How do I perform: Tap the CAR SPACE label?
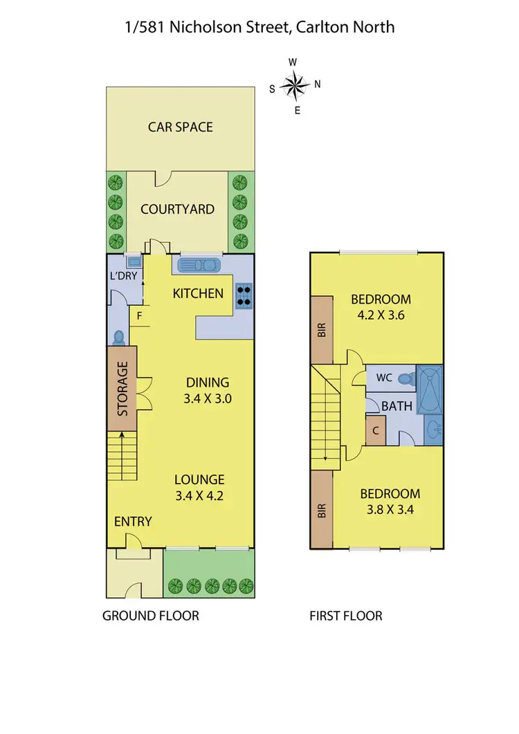coord(180,127)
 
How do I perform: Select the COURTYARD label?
coord(177,209)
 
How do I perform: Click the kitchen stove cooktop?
coord(244,295)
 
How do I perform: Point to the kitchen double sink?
coord(199,265)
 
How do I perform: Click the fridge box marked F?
coord(140,316)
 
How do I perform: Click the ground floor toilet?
coord(118,337)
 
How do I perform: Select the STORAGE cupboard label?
coord(122,388)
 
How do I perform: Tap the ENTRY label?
coord(133,521)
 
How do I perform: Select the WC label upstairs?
coord(384,378)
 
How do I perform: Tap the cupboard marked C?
coord(375,429)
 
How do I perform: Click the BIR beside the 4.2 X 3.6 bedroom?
coord(322,331)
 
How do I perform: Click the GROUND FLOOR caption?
coord(150,615)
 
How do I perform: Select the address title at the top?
coord(259,27)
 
